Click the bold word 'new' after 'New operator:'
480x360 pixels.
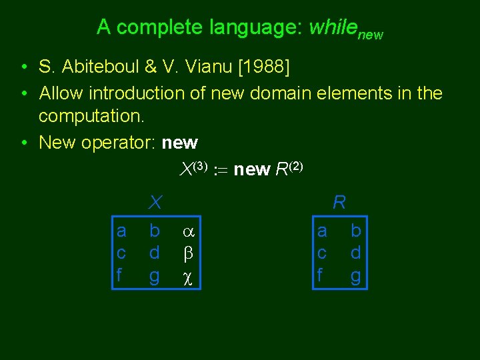pos(179,143)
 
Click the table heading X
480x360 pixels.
pos(155,201)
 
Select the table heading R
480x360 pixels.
pos(339,201)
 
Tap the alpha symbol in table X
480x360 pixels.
pos(188,232)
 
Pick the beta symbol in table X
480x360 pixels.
pos(188,254)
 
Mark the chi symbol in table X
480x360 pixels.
pos(188,276)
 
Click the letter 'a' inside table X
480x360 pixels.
pos(121,231)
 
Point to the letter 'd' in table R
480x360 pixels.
pos(355,253)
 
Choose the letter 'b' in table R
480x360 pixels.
pos(355,231)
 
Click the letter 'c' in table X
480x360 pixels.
pos(121,254)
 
